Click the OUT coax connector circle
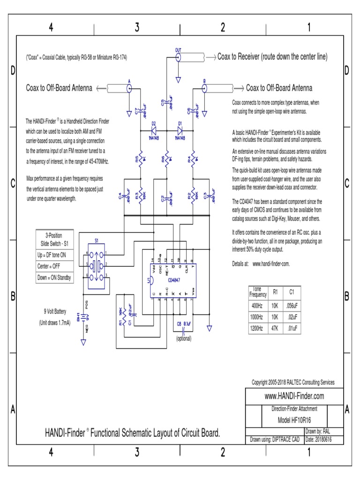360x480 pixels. [178, 57]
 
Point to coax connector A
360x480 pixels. [129, 88]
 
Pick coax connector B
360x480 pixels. [204, 88]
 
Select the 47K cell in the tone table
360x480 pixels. [276, 328]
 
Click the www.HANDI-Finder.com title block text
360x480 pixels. [294, 396]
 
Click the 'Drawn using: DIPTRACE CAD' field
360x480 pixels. [275, 439]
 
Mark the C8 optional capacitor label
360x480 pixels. [184, 323]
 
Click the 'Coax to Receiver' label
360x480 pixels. [272, 57]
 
